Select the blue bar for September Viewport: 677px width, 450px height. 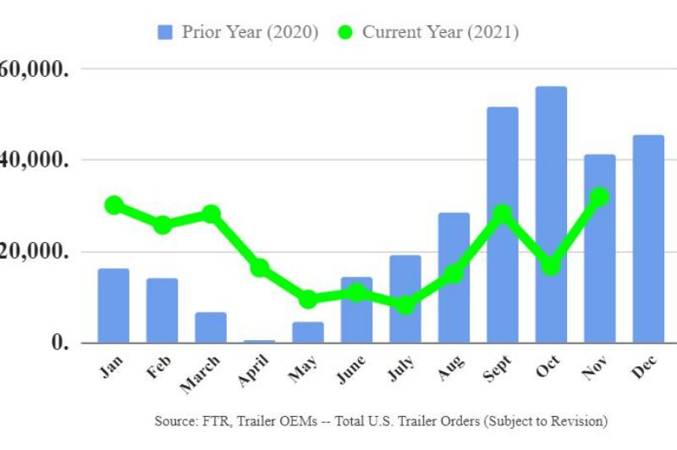[x=503, y=225]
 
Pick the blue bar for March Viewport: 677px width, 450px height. [x=211, y=327]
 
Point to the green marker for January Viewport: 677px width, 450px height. [x=114, y=205]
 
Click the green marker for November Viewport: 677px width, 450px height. [x=599, y=196]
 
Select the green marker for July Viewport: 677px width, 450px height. [x=405, y=305]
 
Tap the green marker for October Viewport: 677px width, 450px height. [x=551, y=266]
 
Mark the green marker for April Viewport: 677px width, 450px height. [x=260, y=267]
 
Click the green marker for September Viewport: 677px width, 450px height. [x=503, y=213]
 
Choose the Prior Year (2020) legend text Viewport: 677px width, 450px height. [x=250, y=32]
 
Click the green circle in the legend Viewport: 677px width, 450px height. [x=344, y=32]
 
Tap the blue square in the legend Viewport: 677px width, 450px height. [x=165, y=32]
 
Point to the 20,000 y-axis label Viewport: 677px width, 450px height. [x=34, y=251]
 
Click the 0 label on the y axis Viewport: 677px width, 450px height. [x=57, y=343]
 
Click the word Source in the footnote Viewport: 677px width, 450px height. [x=174, y=420]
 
